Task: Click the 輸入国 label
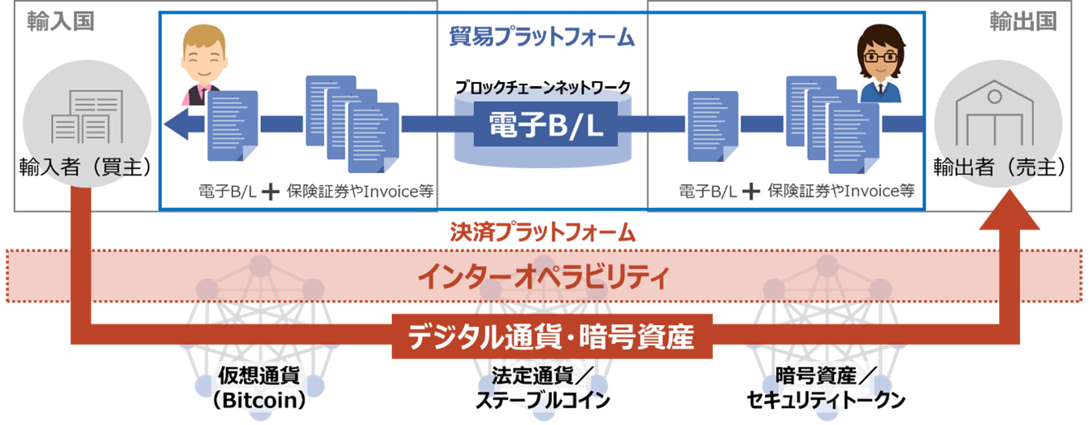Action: pos(61,21)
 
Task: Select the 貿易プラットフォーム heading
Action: pos(541,37)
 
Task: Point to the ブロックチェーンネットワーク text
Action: pos(543,85)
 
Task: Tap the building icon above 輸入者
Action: pos(87,118)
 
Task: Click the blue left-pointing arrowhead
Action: pos(175,124)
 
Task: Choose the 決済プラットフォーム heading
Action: pos(542,233)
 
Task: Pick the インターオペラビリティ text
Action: pos(542,278)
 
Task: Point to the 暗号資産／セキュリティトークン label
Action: pos(825,388)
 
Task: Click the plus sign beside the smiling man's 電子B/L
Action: pos(271,192)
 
